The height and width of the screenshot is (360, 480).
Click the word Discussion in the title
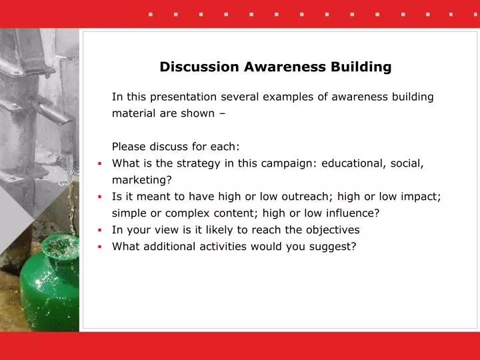[192, 67]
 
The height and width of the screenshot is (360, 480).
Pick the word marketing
[141, 180]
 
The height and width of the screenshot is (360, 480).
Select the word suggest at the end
[336, 247]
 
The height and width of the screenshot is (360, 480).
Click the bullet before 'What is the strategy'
[99, 163]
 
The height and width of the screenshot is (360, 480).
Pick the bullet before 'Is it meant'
[99, 197]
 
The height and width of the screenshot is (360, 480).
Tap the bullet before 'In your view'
[99, 230]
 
